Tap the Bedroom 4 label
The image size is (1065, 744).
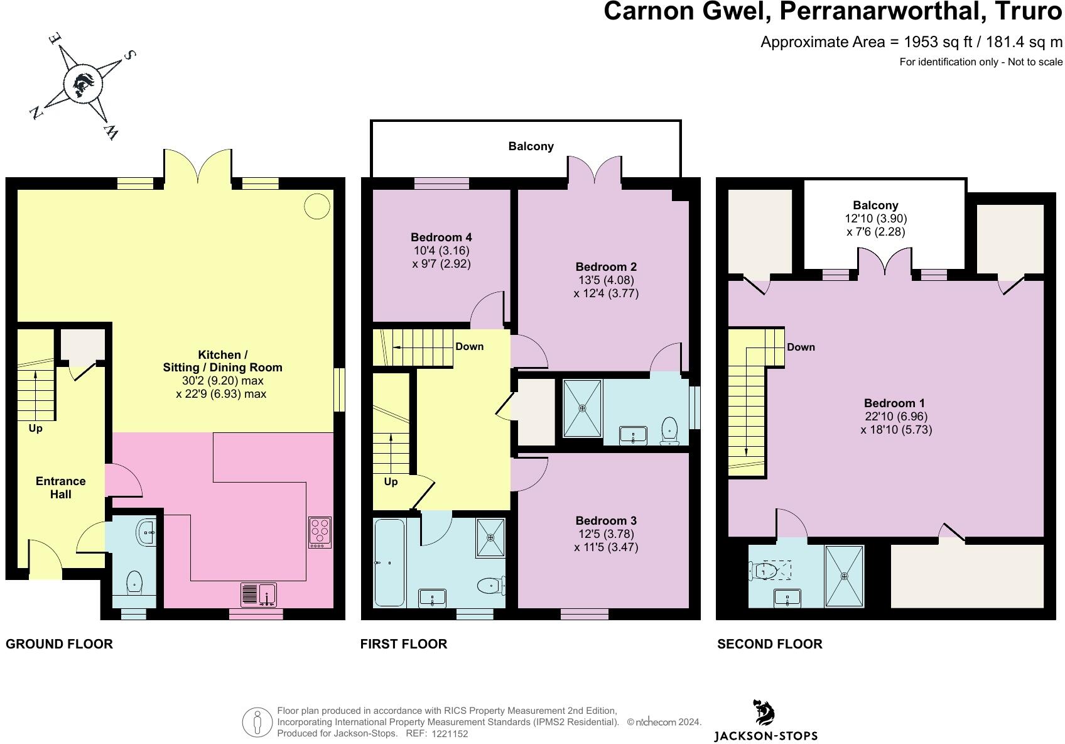[x=441, y=237]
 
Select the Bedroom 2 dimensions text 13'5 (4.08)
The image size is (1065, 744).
[x=606, y=280]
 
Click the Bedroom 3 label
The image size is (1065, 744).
[x=606, y=520]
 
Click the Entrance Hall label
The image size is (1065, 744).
[x=61, y=488]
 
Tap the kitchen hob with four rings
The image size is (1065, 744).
[x=320, y=532]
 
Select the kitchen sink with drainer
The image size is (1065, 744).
[x=259, y=594]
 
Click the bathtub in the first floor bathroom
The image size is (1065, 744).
[x=389, y=562]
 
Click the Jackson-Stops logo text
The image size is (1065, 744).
[x=765, y=736]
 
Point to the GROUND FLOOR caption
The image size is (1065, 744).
[x=59, y=643]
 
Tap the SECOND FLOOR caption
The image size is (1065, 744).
[x=770, y=643]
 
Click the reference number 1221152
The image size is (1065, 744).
[x=450, y=734]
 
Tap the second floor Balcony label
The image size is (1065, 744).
[x=875, y=205]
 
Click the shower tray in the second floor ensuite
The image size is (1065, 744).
[x=844, y=576]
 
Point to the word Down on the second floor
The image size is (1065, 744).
[x=801, y=347]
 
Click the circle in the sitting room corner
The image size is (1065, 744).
[x=316, y=206]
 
